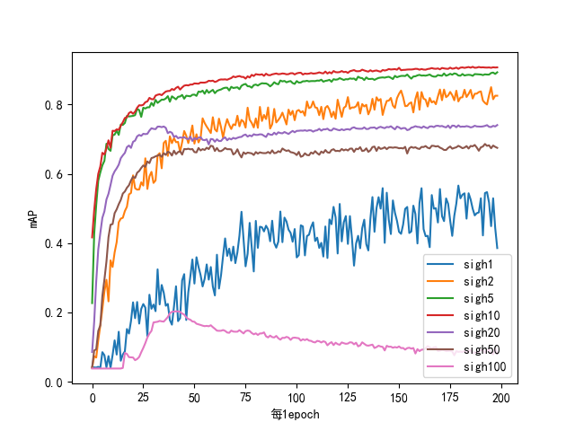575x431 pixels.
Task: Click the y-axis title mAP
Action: pos(34,219)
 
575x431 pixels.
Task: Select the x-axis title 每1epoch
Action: pos(295,415)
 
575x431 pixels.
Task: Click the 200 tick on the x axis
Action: pos(501,397)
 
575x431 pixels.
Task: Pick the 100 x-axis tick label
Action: pos(296,397)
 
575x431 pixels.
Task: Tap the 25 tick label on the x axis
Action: pos(143,397)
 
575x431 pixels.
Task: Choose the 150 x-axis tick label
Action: pos(399,397)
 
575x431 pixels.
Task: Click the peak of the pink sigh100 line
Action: pos(174,311)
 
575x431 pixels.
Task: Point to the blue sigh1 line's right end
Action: pos(498,249)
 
